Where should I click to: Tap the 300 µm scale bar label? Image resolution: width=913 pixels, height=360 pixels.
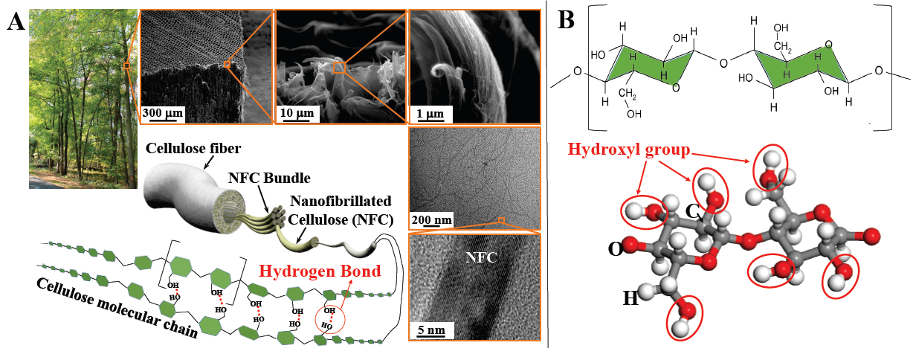tap(163, 113)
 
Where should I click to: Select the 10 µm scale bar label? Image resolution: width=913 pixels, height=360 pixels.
tap(297, 113)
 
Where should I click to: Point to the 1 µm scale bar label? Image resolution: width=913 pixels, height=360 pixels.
tap(430, 113)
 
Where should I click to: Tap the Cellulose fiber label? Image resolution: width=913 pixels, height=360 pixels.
tap(190, 147)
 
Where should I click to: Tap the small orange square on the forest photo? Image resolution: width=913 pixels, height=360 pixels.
tap(126, 66)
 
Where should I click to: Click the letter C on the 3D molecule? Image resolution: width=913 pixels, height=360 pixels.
tap(692, 211)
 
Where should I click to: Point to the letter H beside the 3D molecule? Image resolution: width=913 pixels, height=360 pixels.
tap(630, 298)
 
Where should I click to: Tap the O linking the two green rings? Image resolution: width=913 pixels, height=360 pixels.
tap(723, 61)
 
